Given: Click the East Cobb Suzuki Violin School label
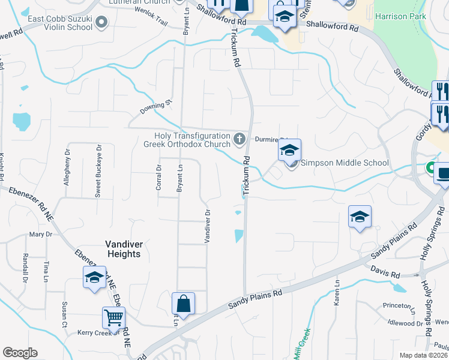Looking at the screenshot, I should [60, 23].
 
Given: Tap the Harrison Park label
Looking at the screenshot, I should [400, 16].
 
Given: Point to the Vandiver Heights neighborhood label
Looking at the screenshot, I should [123, 249].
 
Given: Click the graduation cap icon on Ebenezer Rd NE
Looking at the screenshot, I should [94, 278].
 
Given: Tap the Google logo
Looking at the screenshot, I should [20, 353].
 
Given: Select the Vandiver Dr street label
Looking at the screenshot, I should [207, 226].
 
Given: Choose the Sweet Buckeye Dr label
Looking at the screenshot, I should [98, 171].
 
